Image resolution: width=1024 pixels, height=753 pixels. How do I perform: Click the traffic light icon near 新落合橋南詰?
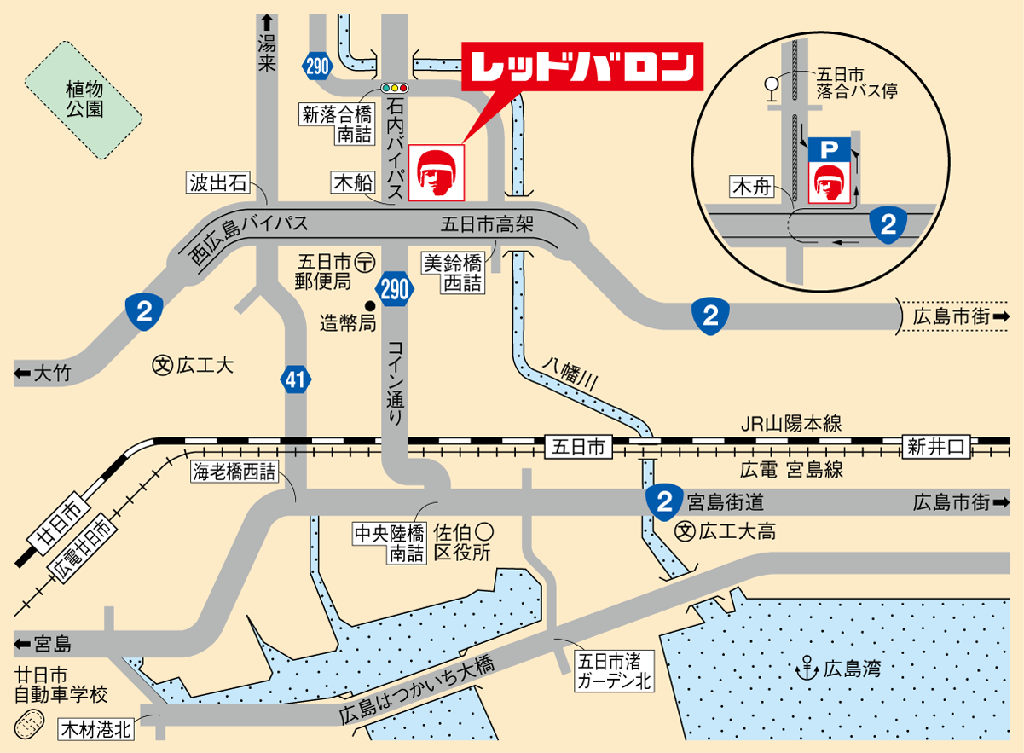pyautogui.click(x=395, y=87)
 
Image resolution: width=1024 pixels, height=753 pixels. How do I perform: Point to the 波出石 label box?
pyautogui.click(x=218, y=182)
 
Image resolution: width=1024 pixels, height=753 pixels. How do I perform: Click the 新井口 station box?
pyautogui.click(x=936, y=446)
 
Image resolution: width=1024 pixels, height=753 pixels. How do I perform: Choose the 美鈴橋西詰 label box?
pyautogui.click(x=454, y=273)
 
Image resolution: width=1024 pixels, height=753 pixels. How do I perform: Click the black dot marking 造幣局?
pyautogui.click(x=370, y=305)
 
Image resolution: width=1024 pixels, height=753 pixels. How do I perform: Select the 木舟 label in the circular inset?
pyautogui.click(x=750, y=187)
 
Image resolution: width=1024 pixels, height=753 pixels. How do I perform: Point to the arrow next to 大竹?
pyautogui.click(x=22, y=374)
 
